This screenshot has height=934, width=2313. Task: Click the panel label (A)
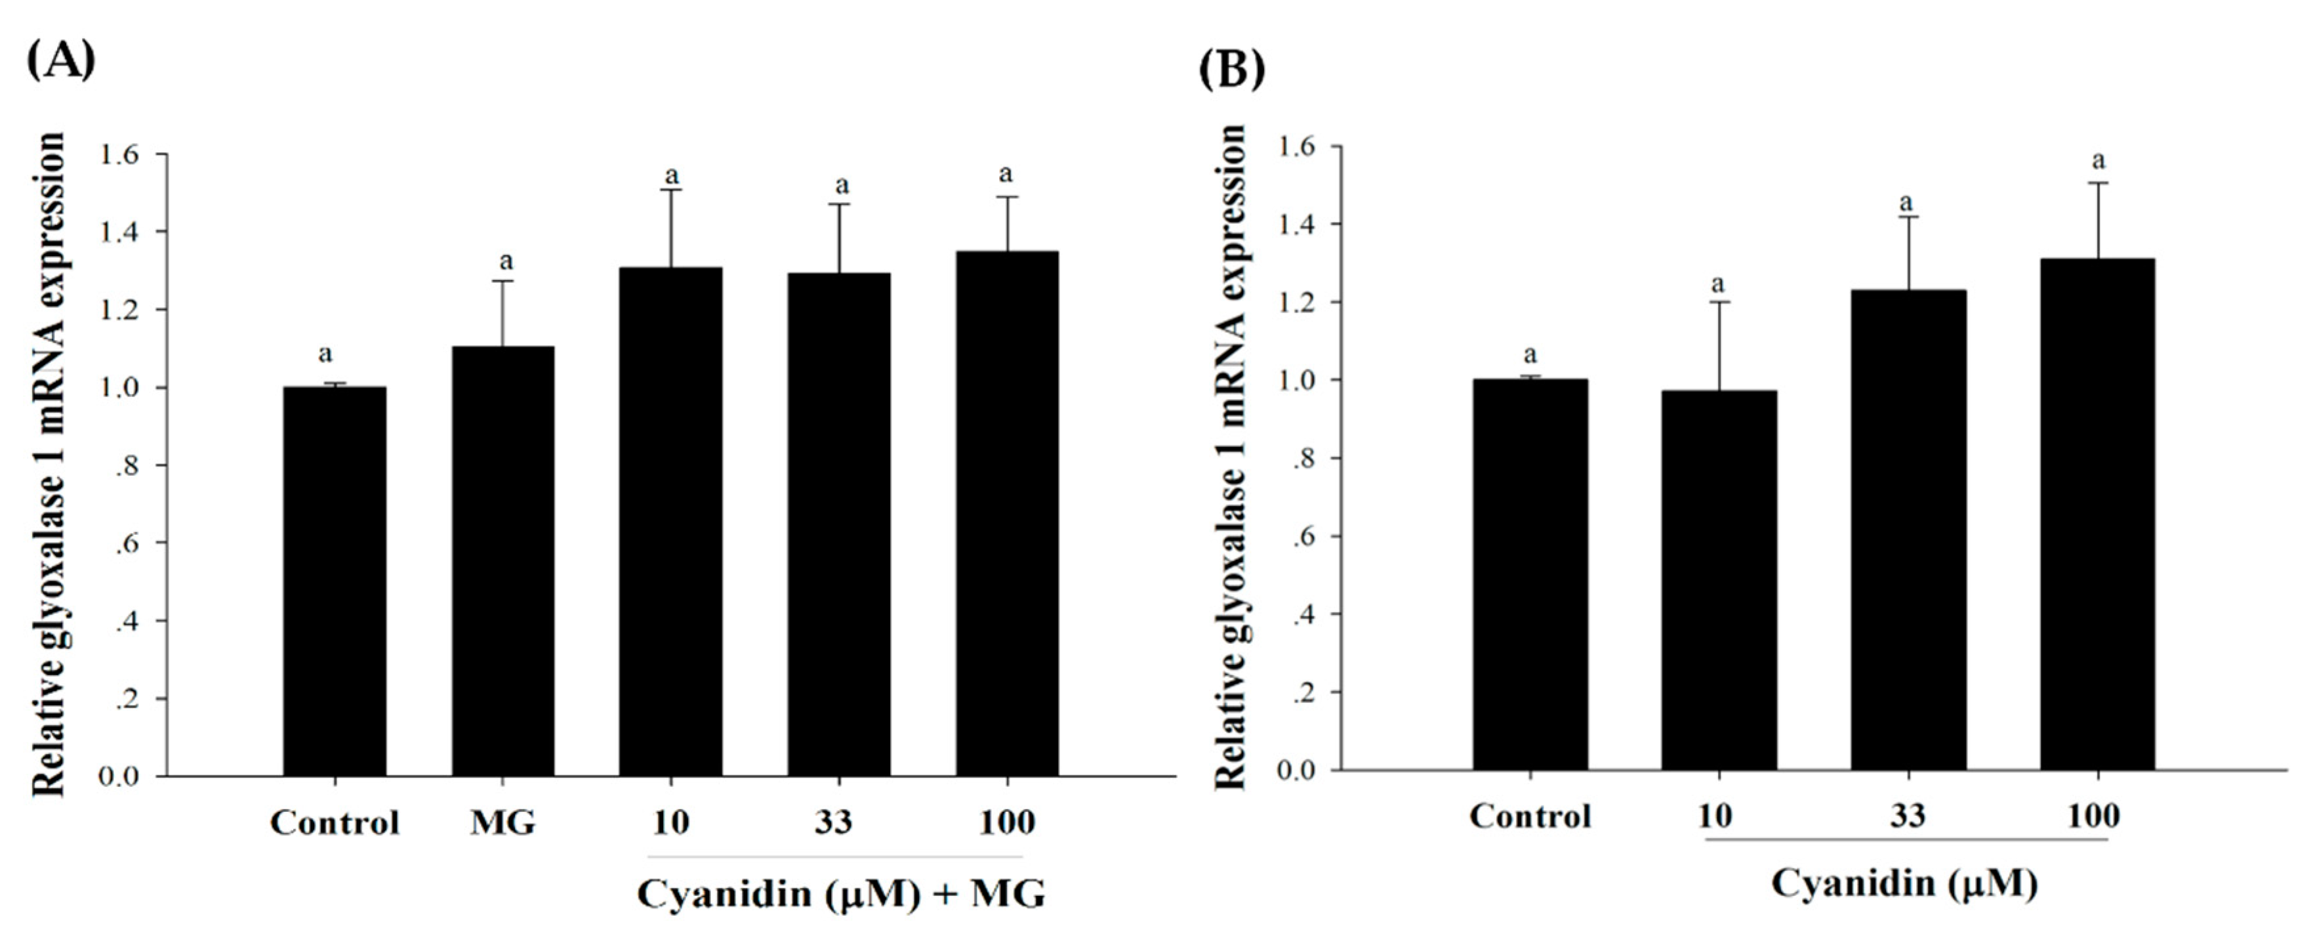[61, 61]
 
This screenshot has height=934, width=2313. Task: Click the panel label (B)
[1232, 69]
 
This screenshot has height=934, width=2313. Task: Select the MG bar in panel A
[503, 561]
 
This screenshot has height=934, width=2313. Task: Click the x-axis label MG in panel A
[503, 822]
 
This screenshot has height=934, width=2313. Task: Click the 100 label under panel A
[1006, 822]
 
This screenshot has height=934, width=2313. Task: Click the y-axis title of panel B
[1231, 458]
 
